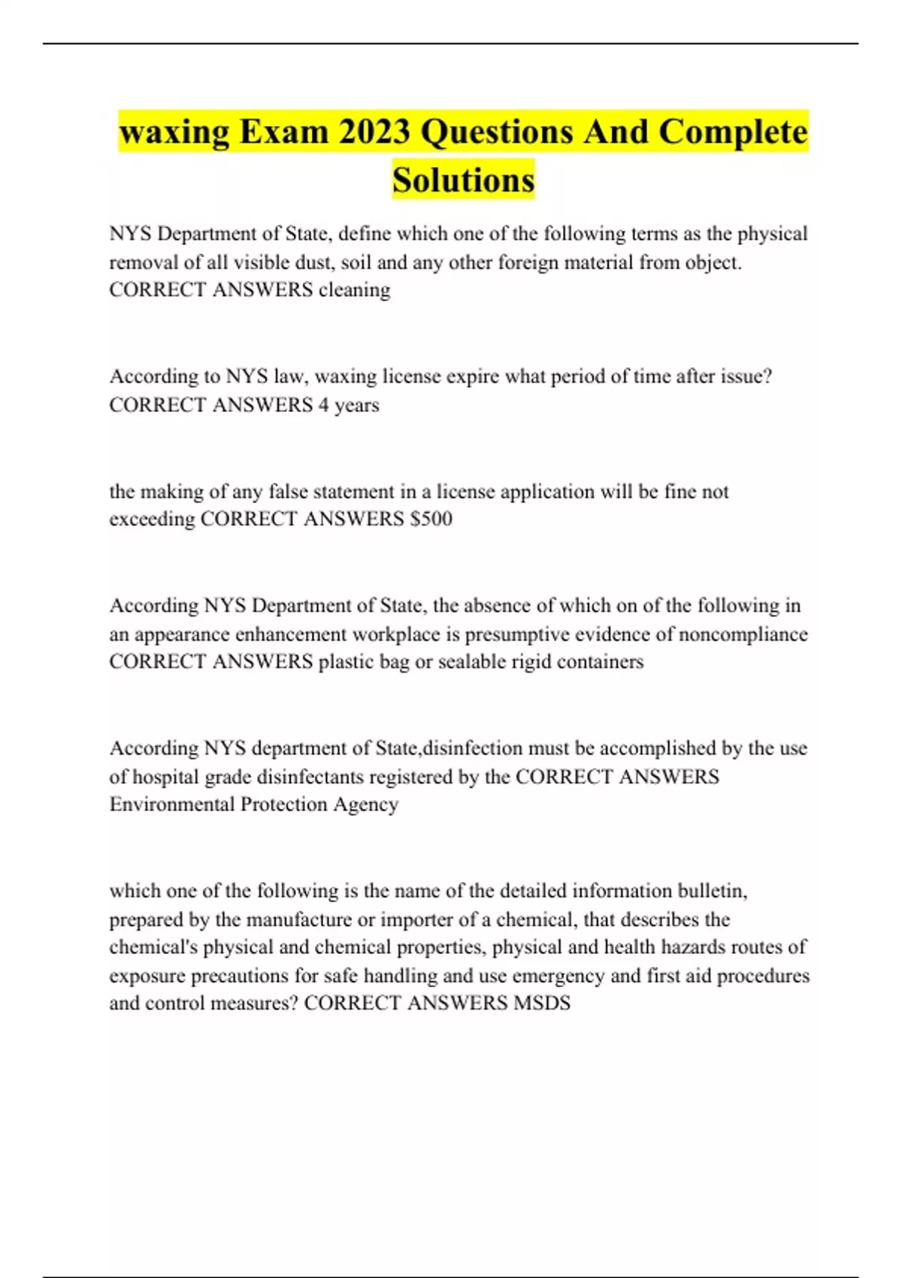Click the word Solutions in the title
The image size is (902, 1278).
pyautogui.click(x=463, y=180)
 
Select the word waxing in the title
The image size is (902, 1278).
pyautogui.click(x=174, y=132)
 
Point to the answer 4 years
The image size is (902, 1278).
pyautogui.click(x=348, y=405)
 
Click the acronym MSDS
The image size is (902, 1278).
pyautogui.click(x=542, y=1004)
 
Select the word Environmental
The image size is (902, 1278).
pyautogui.click(x=171, y=804)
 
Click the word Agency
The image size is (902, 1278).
pyautogui.click(x=365, y=804)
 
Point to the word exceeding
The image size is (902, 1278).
pyautogui.click(x=152, y=519)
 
